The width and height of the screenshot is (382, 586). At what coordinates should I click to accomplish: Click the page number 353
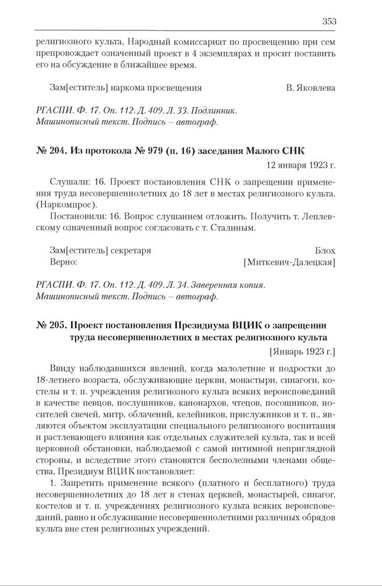click(x=329, y=22)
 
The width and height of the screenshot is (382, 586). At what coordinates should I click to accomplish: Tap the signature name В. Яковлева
click(x=310, y=88)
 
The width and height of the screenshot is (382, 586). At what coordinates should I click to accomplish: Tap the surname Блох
click(x=325, y=250)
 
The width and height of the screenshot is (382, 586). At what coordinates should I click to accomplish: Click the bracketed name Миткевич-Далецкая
click(x=289, y=262)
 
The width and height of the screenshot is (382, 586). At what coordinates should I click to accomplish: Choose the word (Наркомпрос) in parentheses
click(x=61, y=204)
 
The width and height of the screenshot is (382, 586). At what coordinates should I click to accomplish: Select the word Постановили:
click(x=77, y=216)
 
